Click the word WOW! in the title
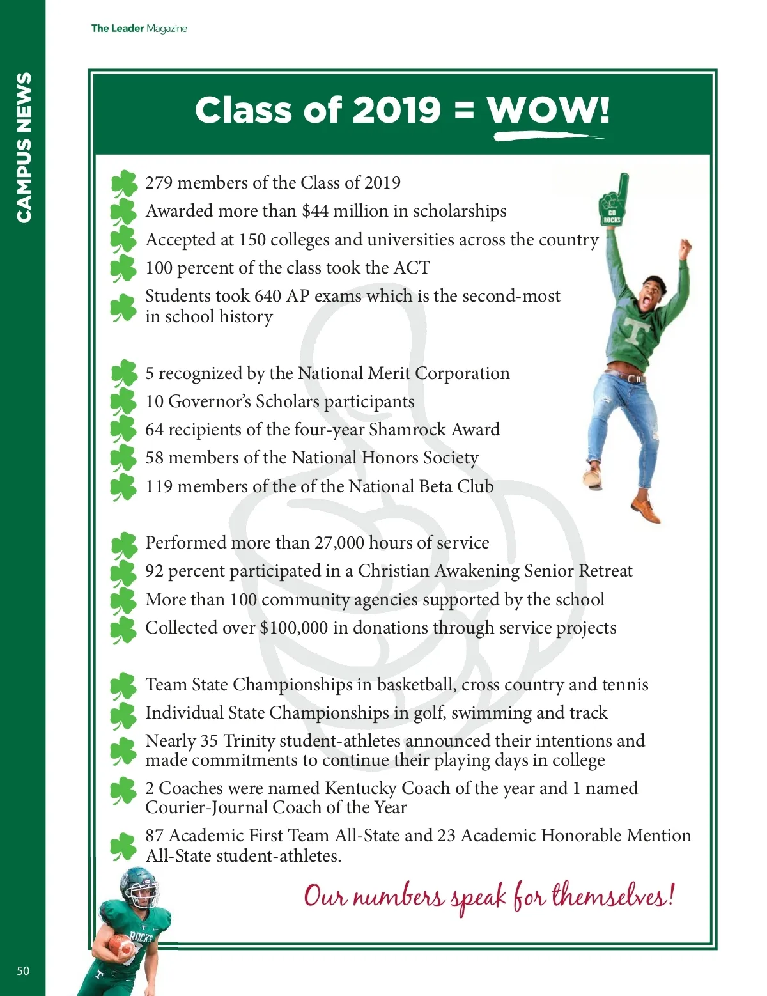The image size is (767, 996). (548, 110)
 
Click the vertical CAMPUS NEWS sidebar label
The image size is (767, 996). (24, 147)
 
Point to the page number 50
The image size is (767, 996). (23, 970)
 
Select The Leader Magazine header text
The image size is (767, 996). (139, 28)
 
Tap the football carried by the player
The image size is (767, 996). (120, 944)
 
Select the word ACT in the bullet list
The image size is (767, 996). (412, 268)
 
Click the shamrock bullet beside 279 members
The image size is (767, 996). (123, 183)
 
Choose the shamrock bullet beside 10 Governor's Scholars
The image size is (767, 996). (123, 402)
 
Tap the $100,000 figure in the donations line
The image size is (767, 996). (293, 628)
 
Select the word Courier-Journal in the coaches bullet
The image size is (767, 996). (206, 807)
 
